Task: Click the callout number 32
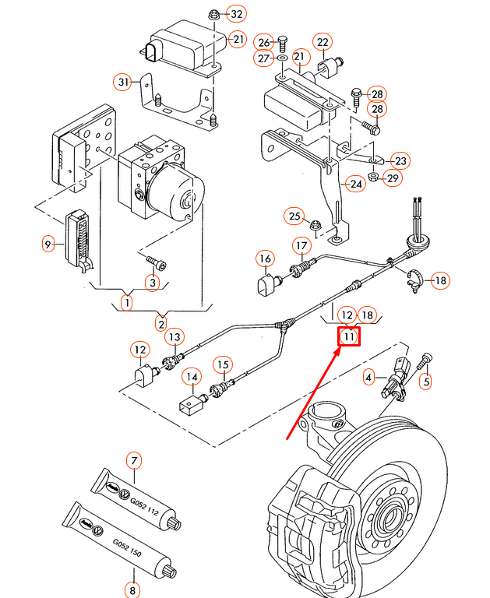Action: coord(235,15)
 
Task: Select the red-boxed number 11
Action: coord(348,337)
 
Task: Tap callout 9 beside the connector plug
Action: coord(48,244)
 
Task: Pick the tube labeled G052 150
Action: coord(117,538)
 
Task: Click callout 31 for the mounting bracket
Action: coord(122,81)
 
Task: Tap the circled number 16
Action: coord(266,259)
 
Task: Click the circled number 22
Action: coord(323,41)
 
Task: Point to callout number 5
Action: coord(425,381)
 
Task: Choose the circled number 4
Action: coord(369,378)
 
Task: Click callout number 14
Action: coord(191,378)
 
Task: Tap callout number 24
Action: coord(356,185)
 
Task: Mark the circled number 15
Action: coord(224,364)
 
